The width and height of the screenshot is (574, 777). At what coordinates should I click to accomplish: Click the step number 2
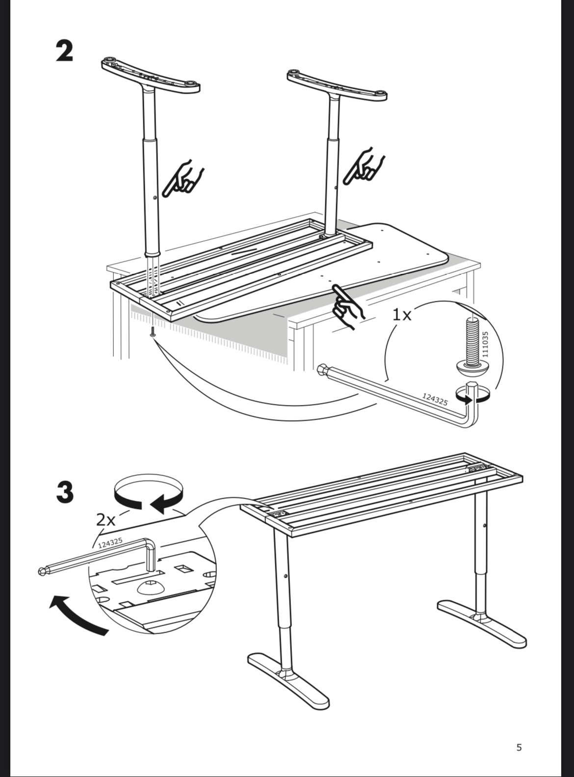(x=65, y=51)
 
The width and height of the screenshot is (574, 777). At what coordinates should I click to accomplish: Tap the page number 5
(x=519, y=748)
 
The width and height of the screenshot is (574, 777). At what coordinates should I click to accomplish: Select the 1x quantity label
(x=402, y=314)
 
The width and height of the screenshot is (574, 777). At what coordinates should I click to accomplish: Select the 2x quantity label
(x=105, y=519)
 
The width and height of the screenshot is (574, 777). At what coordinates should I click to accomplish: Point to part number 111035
(x=485, y=344)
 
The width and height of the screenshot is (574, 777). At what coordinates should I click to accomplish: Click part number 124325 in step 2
(x=435, y=399)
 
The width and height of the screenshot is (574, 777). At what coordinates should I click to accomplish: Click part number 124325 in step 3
(x=110, y=543)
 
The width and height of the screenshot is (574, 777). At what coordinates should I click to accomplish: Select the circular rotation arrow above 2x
(x=148, y=493)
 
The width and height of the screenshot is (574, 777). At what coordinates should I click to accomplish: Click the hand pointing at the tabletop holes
(x=347, y=307)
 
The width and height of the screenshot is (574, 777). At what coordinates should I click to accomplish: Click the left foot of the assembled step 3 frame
(x=288, y=680)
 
